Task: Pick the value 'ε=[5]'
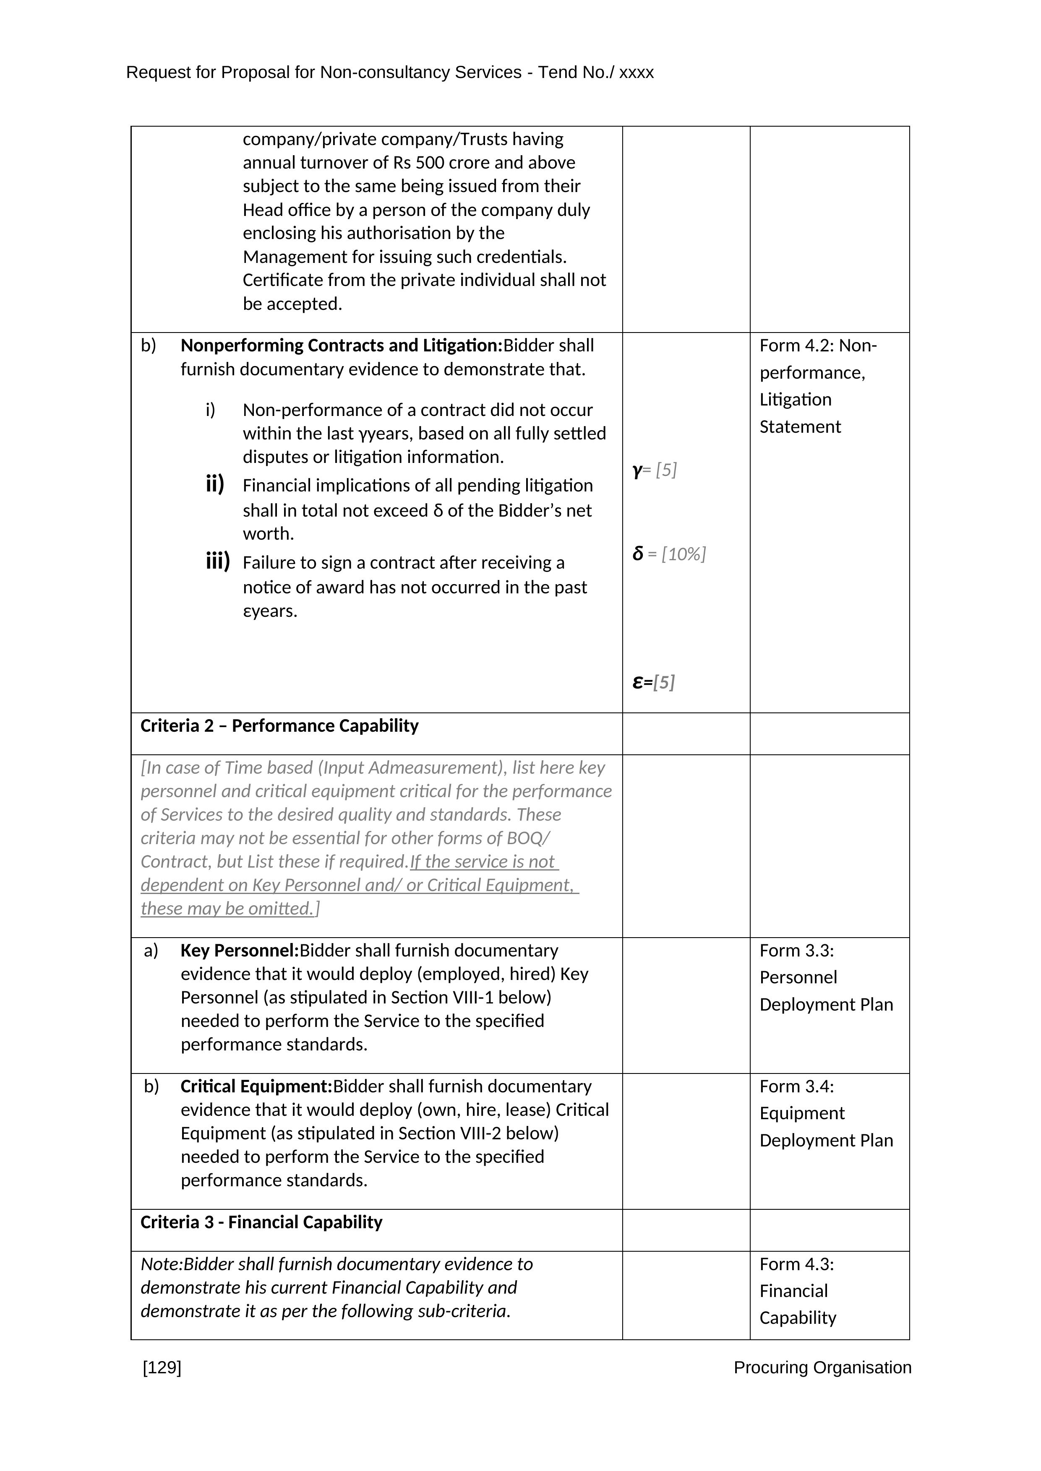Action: [653, 682]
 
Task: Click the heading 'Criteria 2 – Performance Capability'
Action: [279, 726]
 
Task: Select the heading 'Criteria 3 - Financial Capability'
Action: [261, 1222]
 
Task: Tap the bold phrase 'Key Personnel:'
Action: [240, 951]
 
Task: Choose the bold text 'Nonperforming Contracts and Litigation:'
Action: [341, 346]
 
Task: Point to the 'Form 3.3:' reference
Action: [797, 951]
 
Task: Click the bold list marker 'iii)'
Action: [217, 562]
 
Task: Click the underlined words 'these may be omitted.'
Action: [227, 909]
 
